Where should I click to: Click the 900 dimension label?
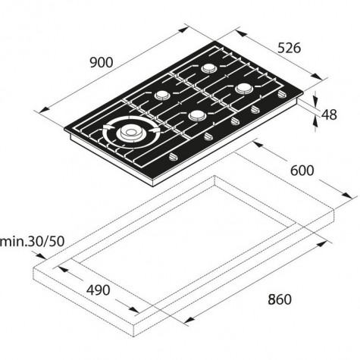(102, 62)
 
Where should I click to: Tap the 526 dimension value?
(289, 48)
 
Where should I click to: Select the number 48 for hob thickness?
(329, 114)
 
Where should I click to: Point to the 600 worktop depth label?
(302, 171)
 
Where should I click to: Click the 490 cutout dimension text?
(98, 290)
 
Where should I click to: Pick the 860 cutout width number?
(280, 299)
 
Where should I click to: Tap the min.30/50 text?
(32, 242)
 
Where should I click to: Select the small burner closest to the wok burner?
(161, 95)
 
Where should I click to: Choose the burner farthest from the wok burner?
(244, 89)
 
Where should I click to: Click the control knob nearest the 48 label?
(281, 95)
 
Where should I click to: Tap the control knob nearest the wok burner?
(174, 157)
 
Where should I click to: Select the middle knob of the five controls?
(236, 121)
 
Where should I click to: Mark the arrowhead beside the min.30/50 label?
(41, 256)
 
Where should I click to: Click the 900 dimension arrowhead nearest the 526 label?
(183, 30)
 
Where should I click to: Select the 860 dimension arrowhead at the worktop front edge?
(189, 320)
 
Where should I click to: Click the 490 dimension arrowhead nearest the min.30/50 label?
(63, 269)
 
